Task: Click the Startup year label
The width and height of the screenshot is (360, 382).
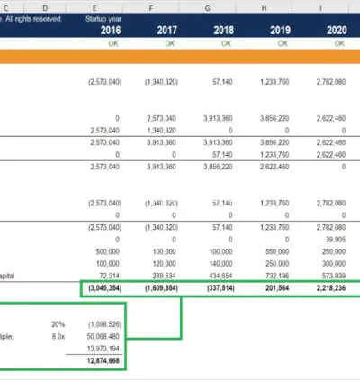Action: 103,18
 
